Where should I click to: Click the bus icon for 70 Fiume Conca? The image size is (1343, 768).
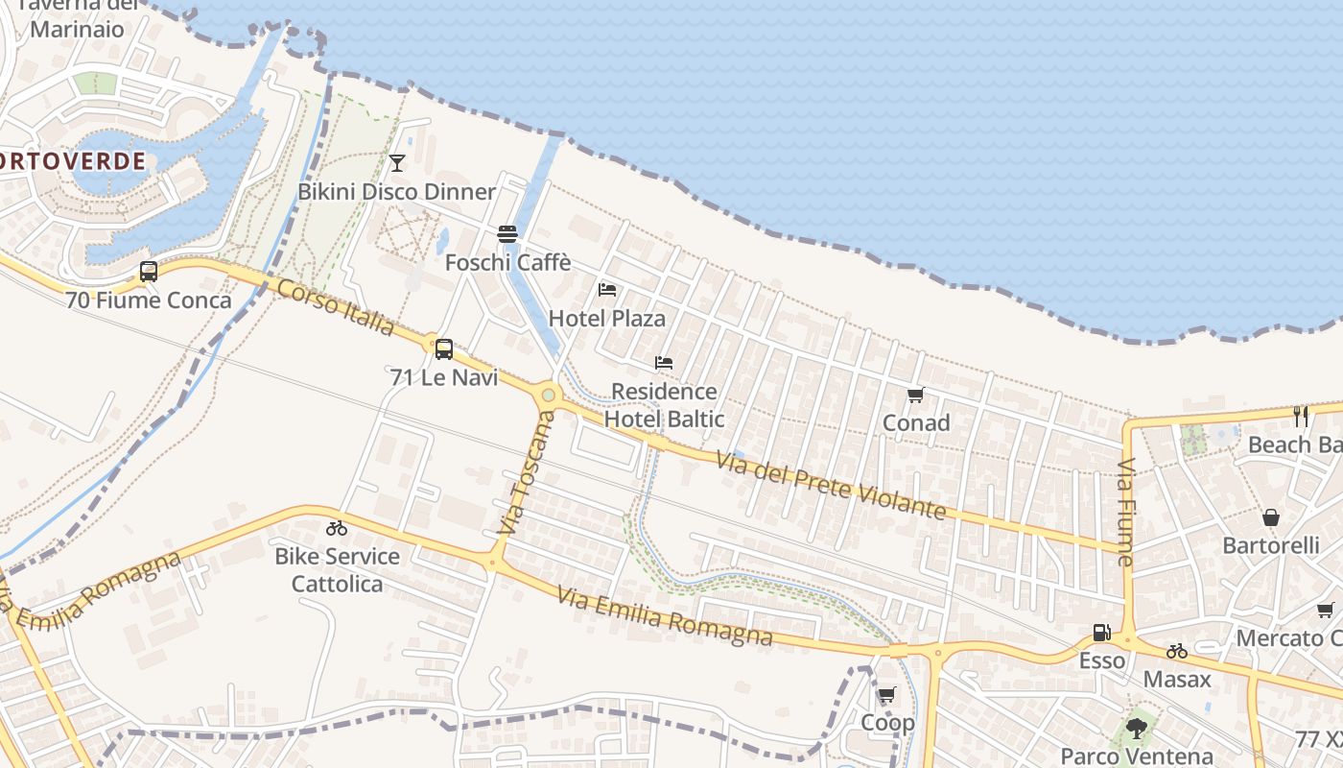click(x=149, y=272)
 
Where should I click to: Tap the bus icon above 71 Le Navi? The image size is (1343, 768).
click(x=443, y=348)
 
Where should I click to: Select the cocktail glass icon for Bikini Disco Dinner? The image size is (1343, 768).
click(x=397, y=162)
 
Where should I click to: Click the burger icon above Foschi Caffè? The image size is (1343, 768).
click(x=507, y=234)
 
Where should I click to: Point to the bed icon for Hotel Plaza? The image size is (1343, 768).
click(x=606, y=289)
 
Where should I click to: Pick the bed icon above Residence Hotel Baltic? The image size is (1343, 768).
click(x=663, y=363)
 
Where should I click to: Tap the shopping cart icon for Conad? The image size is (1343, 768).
click(x=915, y=395)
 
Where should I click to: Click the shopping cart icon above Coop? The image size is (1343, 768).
click(x=886, y=694)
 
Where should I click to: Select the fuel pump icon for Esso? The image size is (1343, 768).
click(x=1101, y=633)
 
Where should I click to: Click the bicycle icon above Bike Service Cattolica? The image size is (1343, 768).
click(x=336, y=528)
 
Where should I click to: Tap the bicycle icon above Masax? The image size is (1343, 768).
click(x=1177, y=651)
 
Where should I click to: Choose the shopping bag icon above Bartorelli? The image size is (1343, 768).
click(x=1271, y=517)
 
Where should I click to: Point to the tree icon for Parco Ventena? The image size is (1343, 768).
click(x=1137, y=728)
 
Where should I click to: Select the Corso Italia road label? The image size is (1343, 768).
click(x=336, y=307)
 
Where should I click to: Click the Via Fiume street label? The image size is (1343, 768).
click(x=1125, y=512)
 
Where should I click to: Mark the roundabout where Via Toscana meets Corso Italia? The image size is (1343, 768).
click(x=548, y=394)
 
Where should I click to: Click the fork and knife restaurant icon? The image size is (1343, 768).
click(x=1300, y=416)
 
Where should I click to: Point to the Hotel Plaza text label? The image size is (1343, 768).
click(x=606, y=318)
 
